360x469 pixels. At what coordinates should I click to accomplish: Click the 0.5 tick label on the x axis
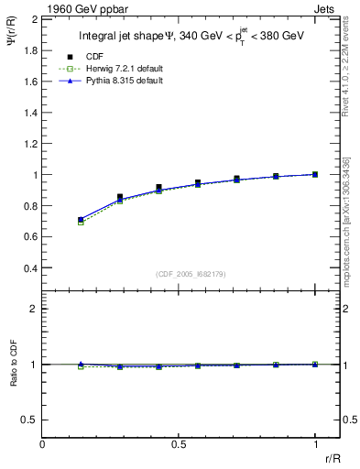[x=179, y=443]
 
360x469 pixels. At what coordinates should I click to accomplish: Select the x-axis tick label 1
[x=315, y=443]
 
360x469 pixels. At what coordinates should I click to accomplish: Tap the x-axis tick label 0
[x=43, y=443]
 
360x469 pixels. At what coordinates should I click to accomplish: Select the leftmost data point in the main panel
[x=81, y=220]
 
